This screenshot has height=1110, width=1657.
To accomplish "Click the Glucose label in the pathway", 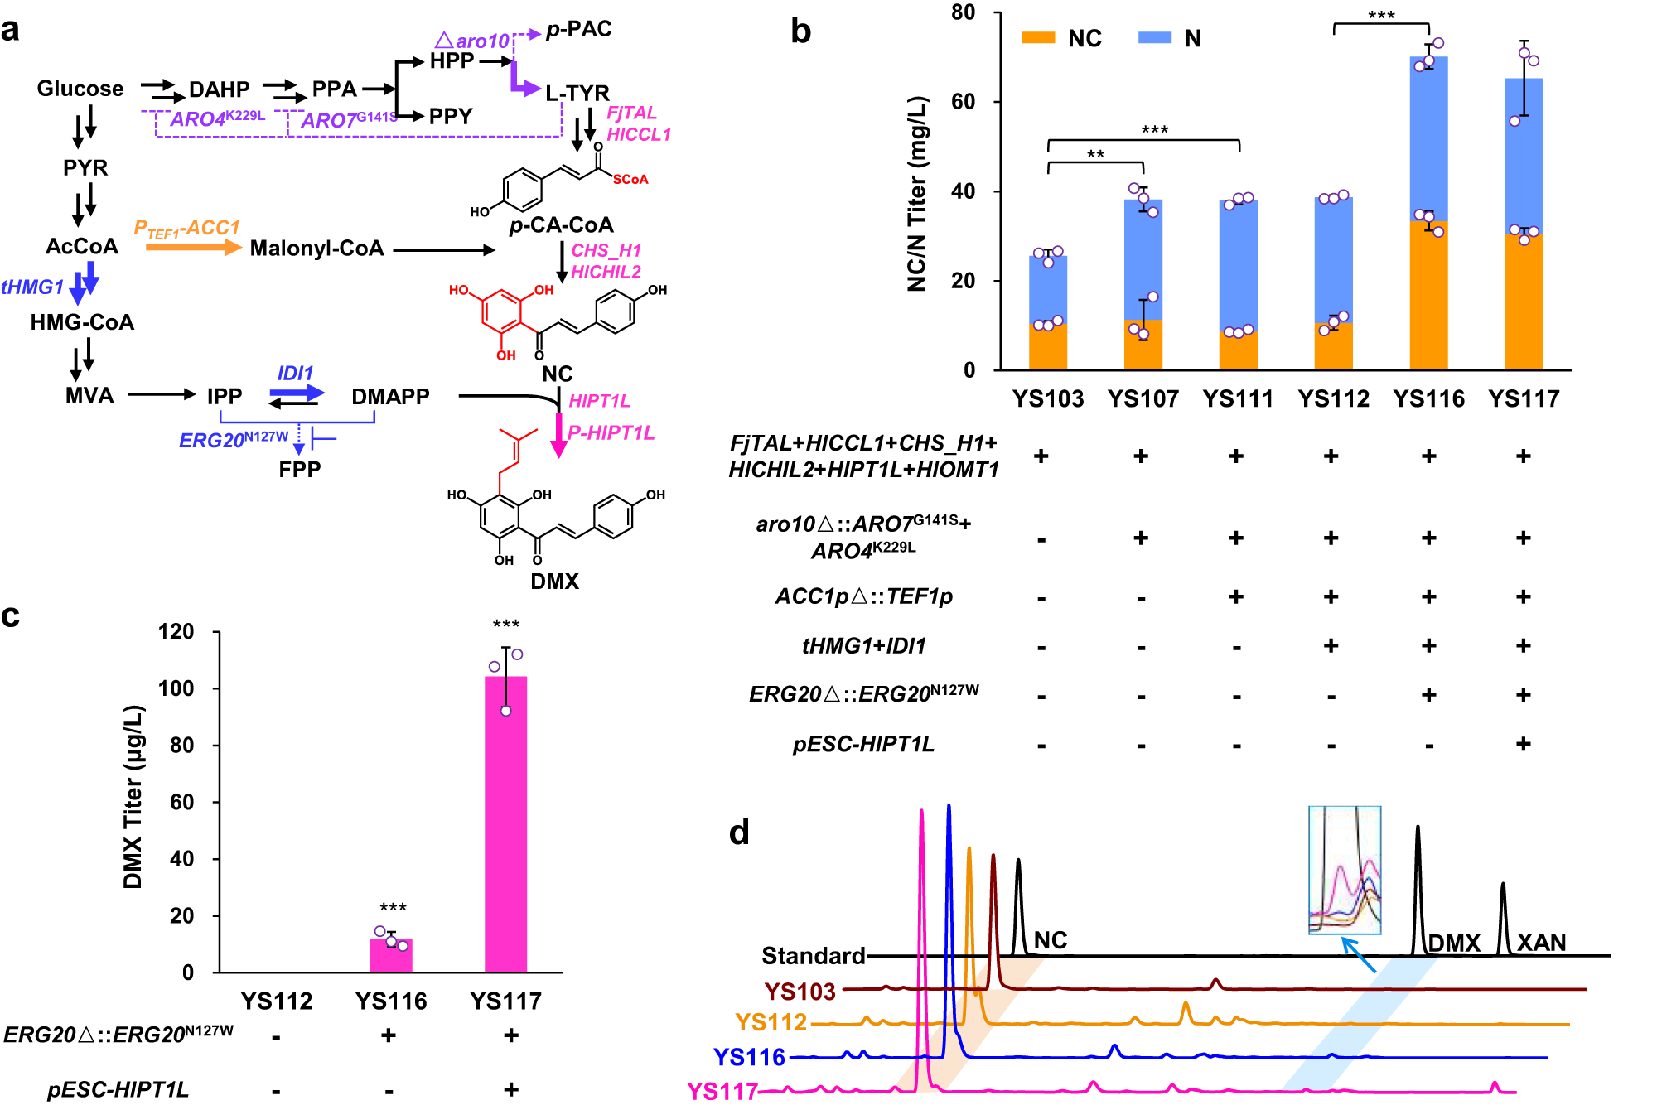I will pos(80,89).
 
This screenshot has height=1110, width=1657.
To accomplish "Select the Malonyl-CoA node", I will pos(316,248).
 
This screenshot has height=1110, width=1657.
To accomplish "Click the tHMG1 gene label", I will pos(32,287).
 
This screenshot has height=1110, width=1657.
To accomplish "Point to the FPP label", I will pos(299,469).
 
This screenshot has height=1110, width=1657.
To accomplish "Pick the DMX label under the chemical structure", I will pos(554,581).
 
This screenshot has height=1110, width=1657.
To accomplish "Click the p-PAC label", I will pos(578,30).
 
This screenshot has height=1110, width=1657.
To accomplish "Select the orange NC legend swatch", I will pos(1038,38).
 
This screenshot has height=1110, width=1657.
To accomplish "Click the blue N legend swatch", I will pos(1155,38).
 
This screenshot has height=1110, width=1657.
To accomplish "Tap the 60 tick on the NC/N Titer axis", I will pos(963,102).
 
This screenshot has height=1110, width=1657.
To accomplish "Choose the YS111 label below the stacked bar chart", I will pos(1238,399).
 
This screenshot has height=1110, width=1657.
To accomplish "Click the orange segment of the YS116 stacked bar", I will pos(1428,297).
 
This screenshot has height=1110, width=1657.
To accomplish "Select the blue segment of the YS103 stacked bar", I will pos(1048,290).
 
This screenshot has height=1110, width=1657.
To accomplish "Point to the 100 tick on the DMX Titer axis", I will pos(176,688).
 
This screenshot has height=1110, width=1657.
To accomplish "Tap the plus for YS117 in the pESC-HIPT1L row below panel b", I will pos(1523,744).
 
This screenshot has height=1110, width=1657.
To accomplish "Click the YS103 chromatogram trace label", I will pos(800,992).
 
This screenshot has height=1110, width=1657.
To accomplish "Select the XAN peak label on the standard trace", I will pos(1541,943).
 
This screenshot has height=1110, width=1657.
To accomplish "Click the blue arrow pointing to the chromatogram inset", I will pos(1358,954).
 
